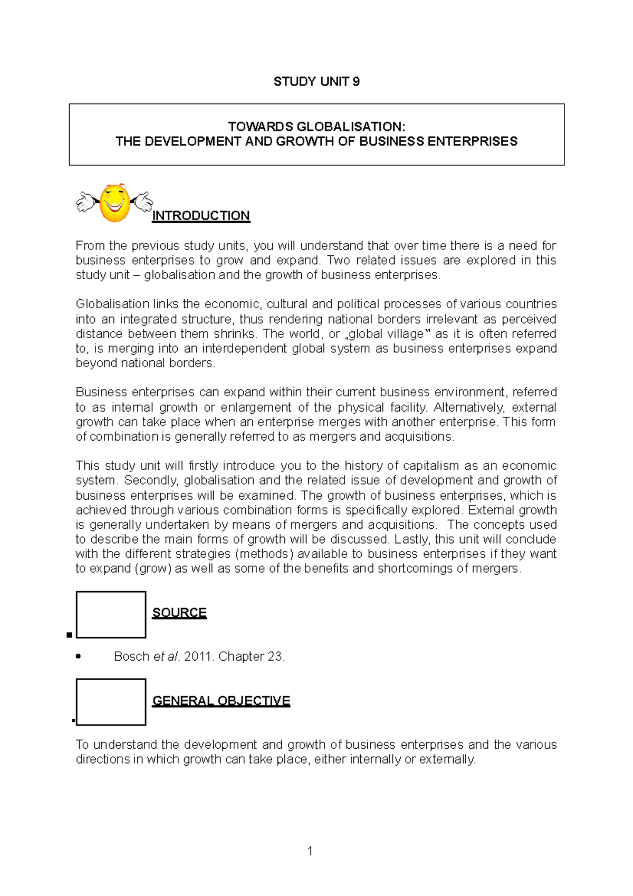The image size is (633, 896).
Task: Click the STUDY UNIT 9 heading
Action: (316, 81)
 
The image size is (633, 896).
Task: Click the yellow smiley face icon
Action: (114, 203)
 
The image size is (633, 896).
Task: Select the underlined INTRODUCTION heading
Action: (200, 216)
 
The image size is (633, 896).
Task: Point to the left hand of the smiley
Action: (84, 202)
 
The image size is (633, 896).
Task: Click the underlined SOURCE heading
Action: (179, 613)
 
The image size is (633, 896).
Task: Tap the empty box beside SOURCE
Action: (111, 615)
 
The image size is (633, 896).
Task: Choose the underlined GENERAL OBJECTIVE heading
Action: (221, 701)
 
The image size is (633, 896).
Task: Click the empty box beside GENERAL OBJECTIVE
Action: (111, 702)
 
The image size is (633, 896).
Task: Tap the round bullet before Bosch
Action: (79, 657)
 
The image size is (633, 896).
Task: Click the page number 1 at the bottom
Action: (310, 851)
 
